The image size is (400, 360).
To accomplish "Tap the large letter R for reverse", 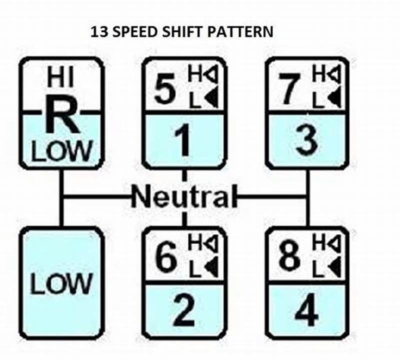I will [x=62, y=114].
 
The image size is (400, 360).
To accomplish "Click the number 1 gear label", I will [x=184, y=141].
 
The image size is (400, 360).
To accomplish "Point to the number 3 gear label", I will [x=306, y=141].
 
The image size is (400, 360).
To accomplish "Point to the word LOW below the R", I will [x=62, y=150].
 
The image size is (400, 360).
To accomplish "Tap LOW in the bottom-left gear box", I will [x=61, y=283].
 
